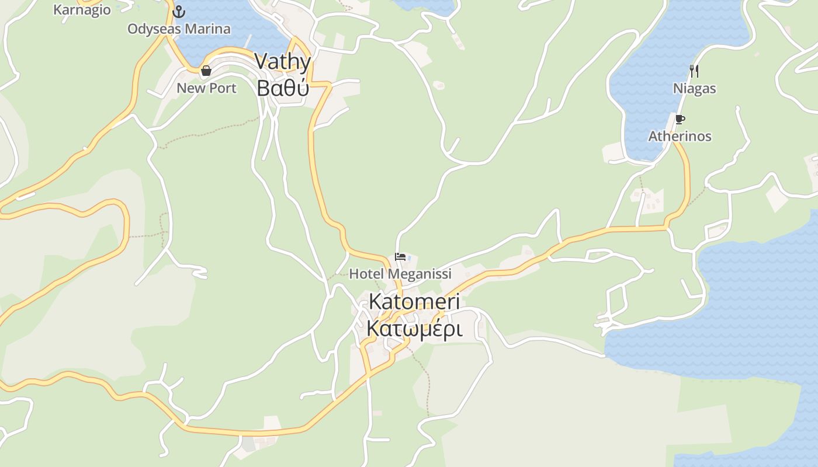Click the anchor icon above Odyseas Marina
tap(179, 12)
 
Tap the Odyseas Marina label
tap(179, 29)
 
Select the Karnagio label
tap(82, 9)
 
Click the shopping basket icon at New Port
tap(206, 71)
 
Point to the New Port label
tap(206, 88)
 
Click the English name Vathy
tap(283, 62)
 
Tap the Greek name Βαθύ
tap(283, 88)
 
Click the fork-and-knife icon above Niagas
tap(694, 71)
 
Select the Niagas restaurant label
tap(694, 89)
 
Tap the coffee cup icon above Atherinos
tap(680, 119)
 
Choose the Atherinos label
tap(680, 136)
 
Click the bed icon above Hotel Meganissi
tap(400, 257)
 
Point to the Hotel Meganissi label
tap(400, 274)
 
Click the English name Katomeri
tap(414, 302)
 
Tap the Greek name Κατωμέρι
tap(414, 329)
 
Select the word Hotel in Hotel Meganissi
tap(366, 274)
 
